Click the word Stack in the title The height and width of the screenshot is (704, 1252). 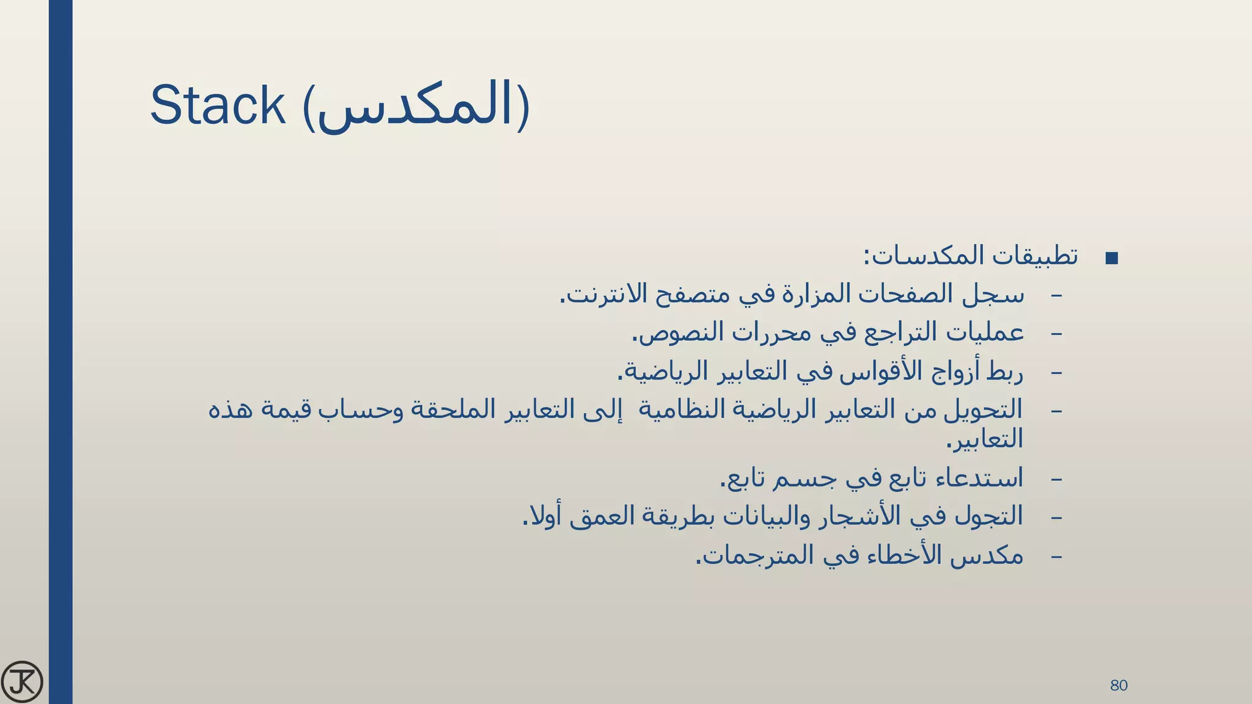coord(218,106)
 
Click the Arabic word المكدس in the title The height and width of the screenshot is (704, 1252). coord(416,107)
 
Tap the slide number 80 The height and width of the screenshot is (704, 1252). coord(1119,685)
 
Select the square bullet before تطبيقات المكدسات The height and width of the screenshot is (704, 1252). coord(1112,258)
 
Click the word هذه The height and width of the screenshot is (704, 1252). coord(230,409)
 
